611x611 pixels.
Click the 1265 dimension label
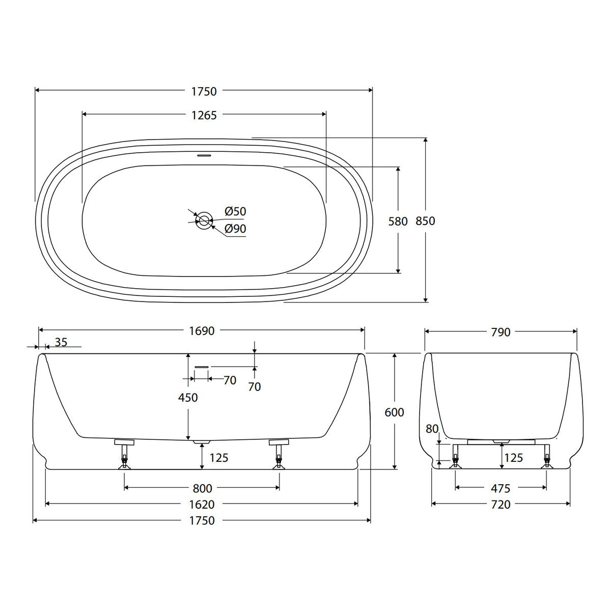coord(204,116)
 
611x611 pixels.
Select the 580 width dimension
coord(398,221)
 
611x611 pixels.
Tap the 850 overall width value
coord(425,221)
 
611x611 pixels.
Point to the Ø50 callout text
coord(235,211)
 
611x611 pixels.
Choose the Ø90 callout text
coord(235,229)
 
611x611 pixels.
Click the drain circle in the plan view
coord(204,220)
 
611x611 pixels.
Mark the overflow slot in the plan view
coord(204,155)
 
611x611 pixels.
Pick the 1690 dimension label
coord(202,331)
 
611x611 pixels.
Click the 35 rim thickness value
coord(61,342)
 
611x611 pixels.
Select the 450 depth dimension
coord(188,397)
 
